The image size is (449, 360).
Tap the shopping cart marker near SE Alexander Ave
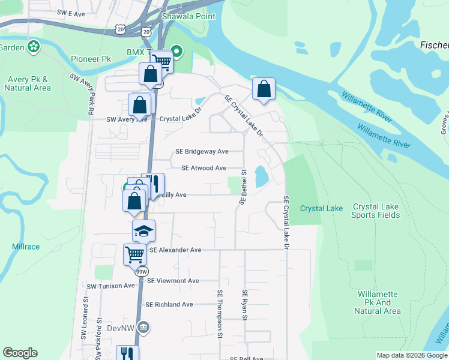134,255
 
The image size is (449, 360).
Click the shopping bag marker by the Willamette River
264,89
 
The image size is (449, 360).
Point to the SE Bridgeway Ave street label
202,152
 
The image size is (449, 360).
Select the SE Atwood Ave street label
203,168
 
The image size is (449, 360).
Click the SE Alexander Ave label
175,250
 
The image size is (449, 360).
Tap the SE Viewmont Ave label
173,281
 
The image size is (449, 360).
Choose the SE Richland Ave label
169,305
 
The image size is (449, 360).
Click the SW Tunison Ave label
111,286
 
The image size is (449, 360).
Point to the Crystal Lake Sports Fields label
375,211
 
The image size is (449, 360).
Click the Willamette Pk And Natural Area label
377,302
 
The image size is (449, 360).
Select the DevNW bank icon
143,327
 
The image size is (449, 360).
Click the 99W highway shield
141,271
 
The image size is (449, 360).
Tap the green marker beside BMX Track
176,51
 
